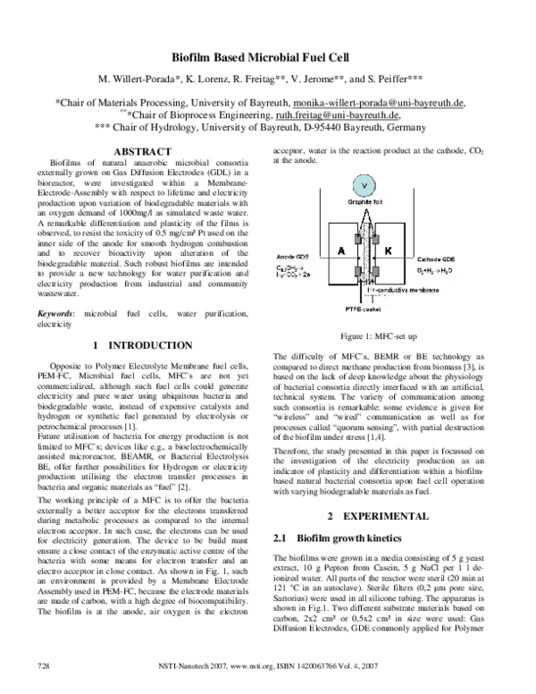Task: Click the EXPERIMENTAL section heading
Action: [x=381, y=518]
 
